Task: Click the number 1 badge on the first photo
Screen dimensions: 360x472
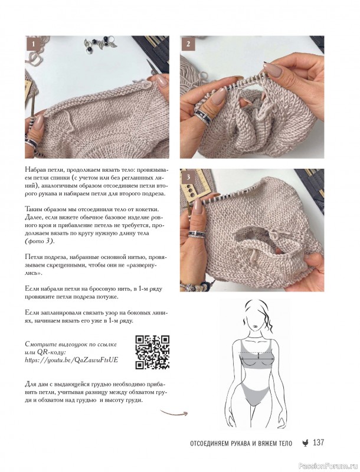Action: [x=34, y=44]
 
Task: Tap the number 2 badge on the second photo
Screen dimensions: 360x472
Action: [x=188, y=44]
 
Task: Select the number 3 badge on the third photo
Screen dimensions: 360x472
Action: [x=188, y=177]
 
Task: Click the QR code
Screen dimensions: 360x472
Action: [x=152, y=352]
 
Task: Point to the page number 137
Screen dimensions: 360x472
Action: [x=319, y=442]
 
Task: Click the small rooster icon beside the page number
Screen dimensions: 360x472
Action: [x=305, y=443]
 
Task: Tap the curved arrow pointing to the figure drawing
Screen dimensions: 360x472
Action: [x=174, y=412]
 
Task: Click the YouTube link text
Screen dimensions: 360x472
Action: [x=71, y=360]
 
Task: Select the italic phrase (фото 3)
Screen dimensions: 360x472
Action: [x=39, y=241]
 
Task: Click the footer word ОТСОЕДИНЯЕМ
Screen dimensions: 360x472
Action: [x=209, y=444]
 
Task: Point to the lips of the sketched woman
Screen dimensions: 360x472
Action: [x=254, y=326]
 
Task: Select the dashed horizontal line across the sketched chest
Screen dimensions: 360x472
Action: [x=256, y=352]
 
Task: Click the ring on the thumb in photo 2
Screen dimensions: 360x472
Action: [x=201, y=115]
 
